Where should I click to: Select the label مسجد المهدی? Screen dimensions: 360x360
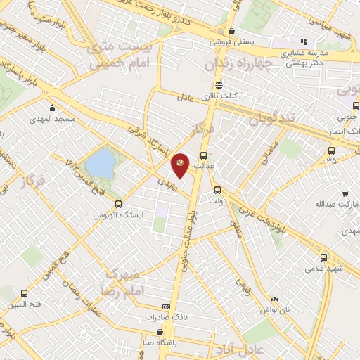53,120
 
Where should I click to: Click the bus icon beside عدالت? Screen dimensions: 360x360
204,156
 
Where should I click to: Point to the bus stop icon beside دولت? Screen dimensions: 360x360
217,189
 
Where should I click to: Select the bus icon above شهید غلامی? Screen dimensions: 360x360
324,257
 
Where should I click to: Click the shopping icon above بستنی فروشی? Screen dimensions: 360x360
231,31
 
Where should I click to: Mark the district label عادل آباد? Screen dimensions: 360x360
240,349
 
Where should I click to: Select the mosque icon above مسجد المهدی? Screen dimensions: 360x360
53,108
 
